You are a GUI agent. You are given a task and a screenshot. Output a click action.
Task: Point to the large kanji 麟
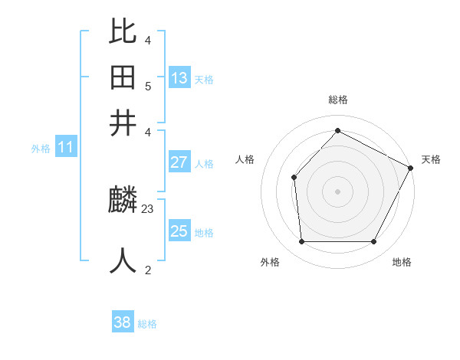pyautogui.click(x=123, y=201)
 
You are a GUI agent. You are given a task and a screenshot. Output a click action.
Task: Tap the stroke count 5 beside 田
pyautogui.click(x=148, y=86)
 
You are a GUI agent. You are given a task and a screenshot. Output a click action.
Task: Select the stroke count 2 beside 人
pyautogui.click(x=148, y=270)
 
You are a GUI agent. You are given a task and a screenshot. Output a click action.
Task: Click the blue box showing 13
pyautogui.click(x=179, y=78)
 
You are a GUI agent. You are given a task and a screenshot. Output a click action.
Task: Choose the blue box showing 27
pyautogui.click(x=179, y=162)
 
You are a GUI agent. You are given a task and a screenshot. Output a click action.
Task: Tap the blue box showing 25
pyautogui.click(x=179, y=231)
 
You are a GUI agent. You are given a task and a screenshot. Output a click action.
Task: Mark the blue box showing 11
pyautogui.click(x=65, y=147)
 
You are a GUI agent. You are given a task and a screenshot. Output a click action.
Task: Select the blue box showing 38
pyautogui.click(x=123, y=322)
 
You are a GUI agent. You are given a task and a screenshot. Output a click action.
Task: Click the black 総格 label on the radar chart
pyautogui.click(x=338, y=100)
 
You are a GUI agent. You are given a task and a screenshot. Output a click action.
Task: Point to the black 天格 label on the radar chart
pyautogui.click(x=431, y=159)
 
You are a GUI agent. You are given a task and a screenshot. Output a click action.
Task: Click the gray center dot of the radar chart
pyautogui.click(x=338, y=191)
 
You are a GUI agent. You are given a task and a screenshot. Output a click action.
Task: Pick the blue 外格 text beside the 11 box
pyautogui.click(x=41, y=149)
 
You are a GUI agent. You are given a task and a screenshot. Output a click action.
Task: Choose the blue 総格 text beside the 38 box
pyautogui.click(x=147, y=324)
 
